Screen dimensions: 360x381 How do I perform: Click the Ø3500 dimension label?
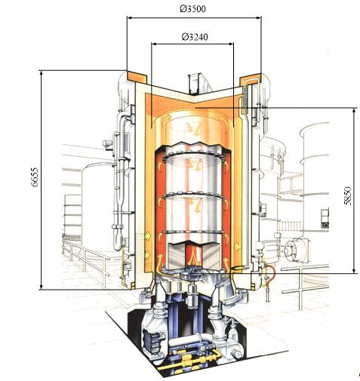[192, 9]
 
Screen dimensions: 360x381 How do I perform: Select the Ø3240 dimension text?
[195, 37]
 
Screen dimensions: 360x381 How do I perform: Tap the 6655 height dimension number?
[35, 177]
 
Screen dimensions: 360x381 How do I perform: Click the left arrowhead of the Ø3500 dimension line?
[129, 17]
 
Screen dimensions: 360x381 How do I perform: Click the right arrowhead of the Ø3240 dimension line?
[231, 45]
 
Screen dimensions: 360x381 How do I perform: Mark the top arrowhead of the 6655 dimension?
[42, 73]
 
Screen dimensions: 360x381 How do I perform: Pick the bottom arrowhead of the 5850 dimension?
[354, 271]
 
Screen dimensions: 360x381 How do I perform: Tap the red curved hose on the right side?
[271, 275]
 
